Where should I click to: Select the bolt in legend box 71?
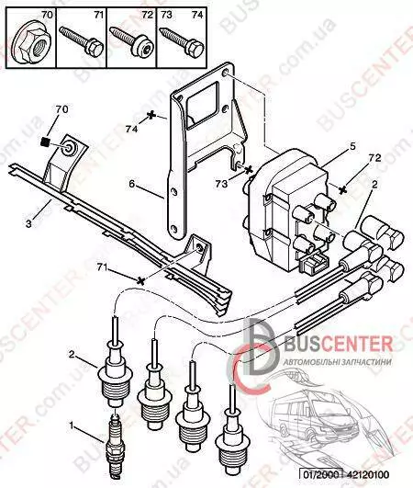(82, 42)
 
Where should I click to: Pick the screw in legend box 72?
(132, 42)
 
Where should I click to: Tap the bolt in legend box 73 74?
(182, 43)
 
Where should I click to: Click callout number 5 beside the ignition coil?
(352, 146)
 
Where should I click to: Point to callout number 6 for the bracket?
(132, 184)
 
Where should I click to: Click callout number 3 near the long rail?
(28, 223)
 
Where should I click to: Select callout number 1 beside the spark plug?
(72, 426)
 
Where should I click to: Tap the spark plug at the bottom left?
(115, 449)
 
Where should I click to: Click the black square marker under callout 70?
(46, 142)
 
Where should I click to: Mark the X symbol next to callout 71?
(140, 280)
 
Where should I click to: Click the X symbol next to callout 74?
(151, 115)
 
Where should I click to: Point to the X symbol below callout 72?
(342, 189)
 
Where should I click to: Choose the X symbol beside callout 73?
(249, 170)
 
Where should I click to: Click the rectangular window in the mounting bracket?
(201, 105)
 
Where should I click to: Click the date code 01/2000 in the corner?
(321, 475)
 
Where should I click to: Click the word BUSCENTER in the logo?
(339, 345)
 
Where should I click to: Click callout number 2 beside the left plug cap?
(72, 354)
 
